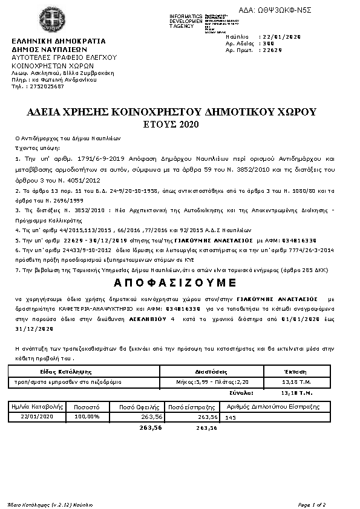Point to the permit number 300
point(267,44)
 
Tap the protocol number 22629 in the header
point(270,51)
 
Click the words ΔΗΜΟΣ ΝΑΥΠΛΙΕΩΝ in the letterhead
point(50,50)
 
